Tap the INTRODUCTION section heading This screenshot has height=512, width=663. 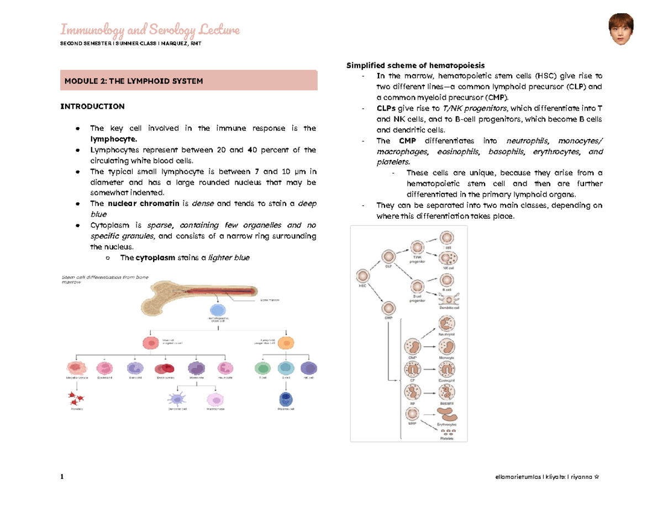92,106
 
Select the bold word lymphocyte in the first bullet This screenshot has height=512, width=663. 112,139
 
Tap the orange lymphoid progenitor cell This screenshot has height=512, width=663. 286,343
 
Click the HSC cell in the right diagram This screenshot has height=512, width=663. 363,276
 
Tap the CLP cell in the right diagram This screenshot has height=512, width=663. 388,257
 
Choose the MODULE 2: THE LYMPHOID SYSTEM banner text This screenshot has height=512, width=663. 134,81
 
